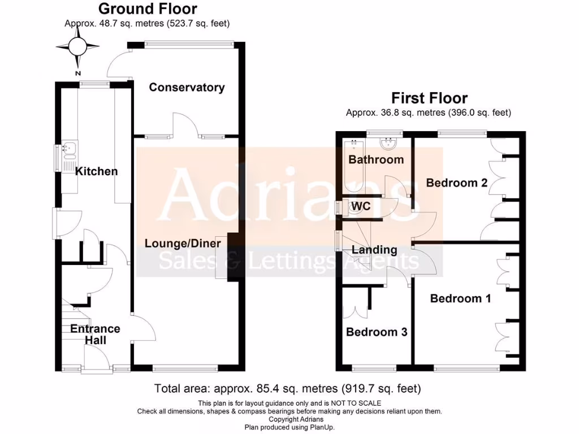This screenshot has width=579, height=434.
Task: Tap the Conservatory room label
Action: coord(187,87)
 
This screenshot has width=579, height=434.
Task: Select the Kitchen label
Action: coord(97,171)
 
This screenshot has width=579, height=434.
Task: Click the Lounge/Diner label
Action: coord(183,243)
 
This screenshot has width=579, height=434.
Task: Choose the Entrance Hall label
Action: coord(95,335)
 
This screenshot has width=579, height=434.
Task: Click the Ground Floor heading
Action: coord(148,9)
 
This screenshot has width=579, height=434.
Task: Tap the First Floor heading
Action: coord(429,98)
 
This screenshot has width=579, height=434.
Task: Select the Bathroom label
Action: coord(376,159)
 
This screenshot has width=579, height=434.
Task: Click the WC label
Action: coord(361,206)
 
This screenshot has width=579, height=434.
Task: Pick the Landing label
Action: coord(374,249)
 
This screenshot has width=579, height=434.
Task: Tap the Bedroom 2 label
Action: coord(456,183)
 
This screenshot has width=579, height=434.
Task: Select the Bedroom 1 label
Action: coord(460,298)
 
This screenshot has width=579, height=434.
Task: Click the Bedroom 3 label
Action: coord(377,332)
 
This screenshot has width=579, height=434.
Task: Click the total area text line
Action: coord(288,389)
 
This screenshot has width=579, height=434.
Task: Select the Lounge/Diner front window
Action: coord(175,367)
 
